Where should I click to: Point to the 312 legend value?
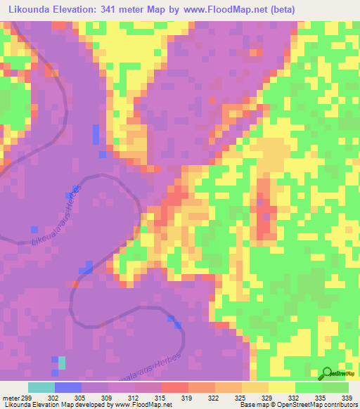[138, 396]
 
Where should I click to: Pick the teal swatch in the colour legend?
[41, 387]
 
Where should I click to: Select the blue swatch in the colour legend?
[68, 387]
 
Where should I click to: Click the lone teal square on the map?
[62, 363]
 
